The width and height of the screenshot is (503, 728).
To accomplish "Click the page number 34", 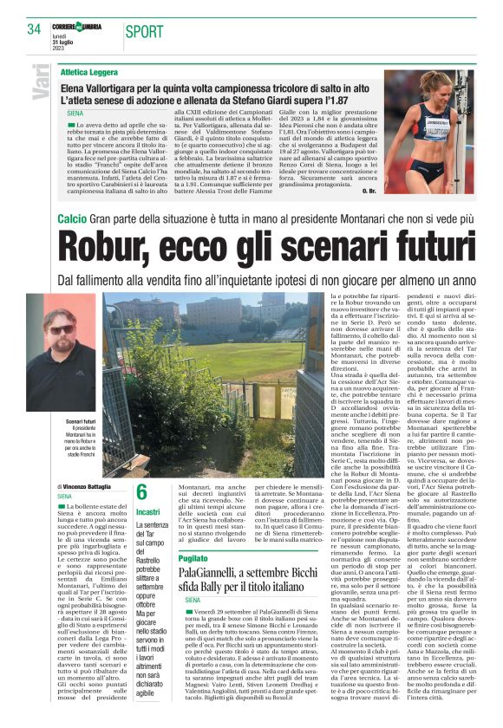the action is point(35,29).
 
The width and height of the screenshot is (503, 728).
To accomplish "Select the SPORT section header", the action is point(144,32).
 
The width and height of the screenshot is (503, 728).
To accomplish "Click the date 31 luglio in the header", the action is point(62,34).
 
